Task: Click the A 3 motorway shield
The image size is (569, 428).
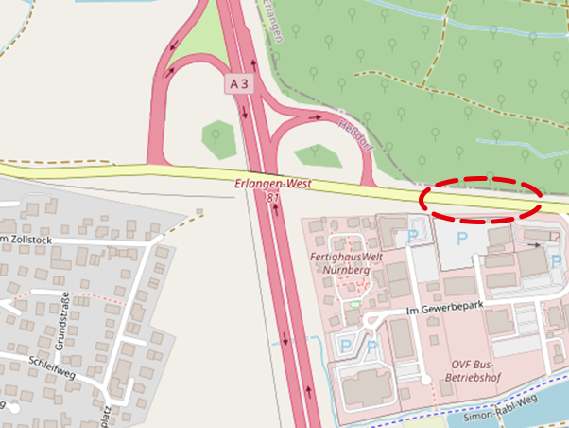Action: [x=240, y=84]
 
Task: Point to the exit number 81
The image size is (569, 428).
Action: [x=273, y=197]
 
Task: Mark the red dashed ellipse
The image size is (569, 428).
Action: [x=480, y=199]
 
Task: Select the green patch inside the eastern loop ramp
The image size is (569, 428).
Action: [x=318, y=154]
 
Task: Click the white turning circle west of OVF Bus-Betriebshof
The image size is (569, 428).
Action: [x=426, y=380]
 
